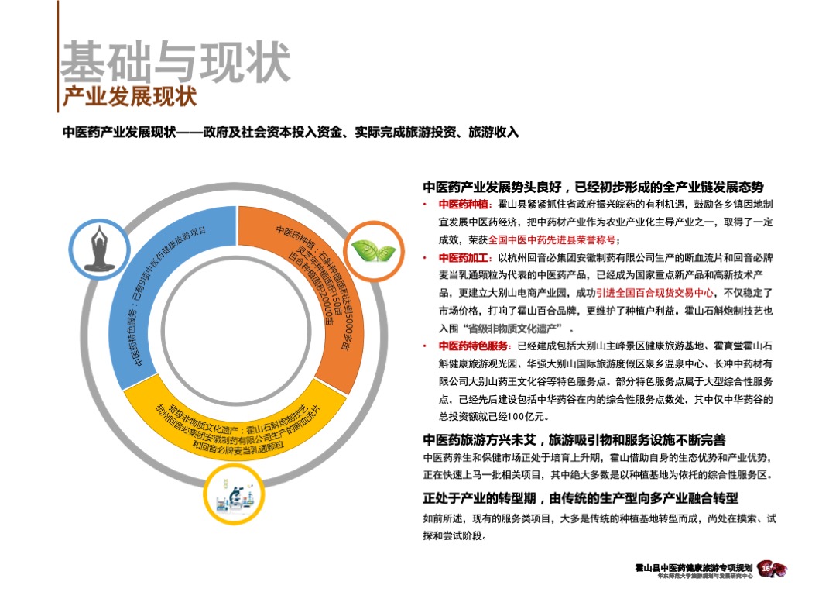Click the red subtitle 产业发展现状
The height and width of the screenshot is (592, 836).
(128, 98)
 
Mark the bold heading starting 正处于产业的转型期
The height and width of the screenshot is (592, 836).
(581, 497)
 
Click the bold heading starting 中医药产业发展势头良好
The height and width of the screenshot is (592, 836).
(593, 188)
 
